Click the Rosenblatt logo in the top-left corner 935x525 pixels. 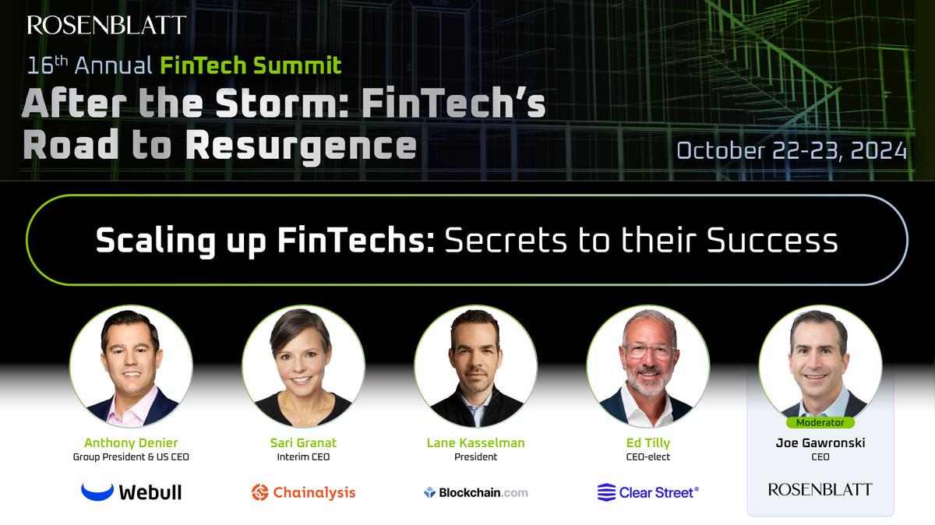[107, 25]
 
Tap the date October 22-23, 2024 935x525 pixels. [791, 150]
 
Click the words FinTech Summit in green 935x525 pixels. [251, 65]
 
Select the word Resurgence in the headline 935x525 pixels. [301, 146]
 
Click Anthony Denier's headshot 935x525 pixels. [131, 366]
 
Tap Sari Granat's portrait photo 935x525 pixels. [303, 366]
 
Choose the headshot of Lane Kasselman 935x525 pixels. [475, 366]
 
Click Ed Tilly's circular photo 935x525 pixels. [647, 366]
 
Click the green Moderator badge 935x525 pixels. [820, 423]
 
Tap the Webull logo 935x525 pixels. [131, 492]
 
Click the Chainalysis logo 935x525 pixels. [303, 492]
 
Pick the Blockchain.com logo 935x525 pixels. [475, 492]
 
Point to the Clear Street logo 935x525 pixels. [647, 492]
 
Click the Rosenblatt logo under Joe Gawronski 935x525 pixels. [820, 489]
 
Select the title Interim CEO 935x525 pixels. [303, 457]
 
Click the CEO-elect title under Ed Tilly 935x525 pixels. [647, 457]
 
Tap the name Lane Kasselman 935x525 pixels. [475, 443]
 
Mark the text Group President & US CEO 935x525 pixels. [131, 457]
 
